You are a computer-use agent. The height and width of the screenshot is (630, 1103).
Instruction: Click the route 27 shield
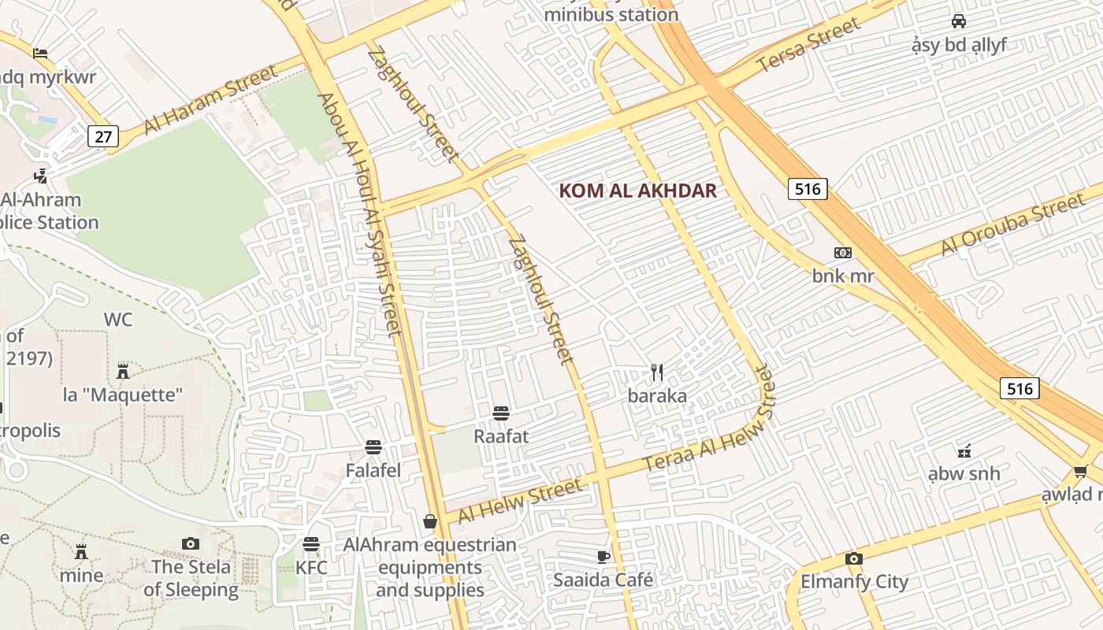click(x=103, y=136)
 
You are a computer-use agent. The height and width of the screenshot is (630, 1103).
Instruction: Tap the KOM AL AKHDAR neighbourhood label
click(x=637, y=191)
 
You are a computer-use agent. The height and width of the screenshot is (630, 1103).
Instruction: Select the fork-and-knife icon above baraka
click(x=657, y=372)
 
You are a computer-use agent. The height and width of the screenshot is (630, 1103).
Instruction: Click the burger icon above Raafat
click(x=500, y=413)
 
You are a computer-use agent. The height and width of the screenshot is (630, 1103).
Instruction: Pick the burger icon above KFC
click(x=311, y=544)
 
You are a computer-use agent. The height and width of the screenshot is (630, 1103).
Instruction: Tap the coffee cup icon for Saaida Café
click(x=603, y=557)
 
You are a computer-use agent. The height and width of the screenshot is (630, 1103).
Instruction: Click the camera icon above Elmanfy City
click(x=854, y=558)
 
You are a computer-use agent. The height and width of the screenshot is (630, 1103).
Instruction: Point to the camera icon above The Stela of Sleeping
click(x=190, y=543)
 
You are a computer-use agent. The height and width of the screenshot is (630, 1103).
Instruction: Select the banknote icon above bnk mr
click(x=843, y=253)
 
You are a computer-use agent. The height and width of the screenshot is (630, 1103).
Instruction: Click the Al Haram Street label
click(x=211, y=100)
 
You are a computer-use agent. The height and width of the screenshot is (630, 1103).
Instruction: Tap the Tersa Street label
click(x=808, y=45)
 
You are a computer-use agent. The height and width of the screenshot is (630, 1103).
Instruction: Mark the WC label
click(x=118, y=320)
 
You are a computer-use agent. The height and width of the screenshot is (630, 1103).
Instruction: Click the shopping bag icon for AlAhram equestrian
click(x=430, y=521)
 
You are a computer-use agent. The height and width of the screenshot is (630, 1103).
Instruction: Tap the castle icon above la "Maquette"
click(x=123, y=371)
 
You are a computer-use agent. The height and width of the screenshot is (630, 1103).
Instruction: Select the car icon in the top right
click(x=959, y=21)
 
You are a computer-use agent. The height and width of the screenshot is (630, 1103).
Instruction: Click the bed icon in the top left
click(x=40, y=53)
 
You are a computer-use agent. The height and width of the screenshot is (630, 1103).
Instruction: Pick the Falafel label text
click(x=373, y=471)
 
